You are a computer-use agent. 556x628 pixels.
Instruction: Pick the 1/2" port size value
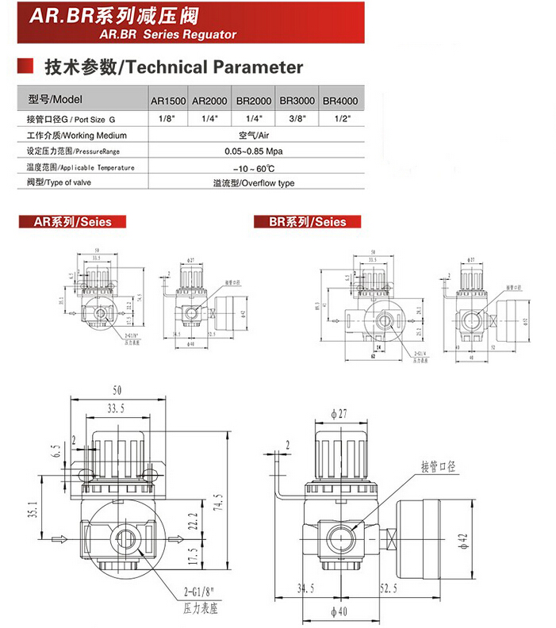(x=339, y=119)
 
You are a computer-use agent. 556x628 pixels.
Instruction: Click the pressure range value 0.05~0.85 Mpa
(x=254, y=151)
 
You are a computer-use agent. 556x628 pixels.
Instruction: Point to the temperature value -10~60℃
(x=254, y=167)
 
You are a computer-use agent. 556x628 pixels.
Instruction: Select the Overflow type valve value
(x=254, y=183)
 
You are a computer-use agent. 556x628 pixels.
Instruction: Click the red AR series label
(x=66, y=222)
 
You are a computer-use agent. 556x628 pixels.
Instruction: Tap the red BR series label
(x=307, y=222)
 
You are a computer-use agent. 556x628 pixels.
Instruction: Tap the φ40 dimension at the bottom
(x=342, y=611)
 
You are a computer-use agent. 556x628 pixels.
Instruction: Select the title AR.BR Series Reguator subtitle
(x=169, y=35)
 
